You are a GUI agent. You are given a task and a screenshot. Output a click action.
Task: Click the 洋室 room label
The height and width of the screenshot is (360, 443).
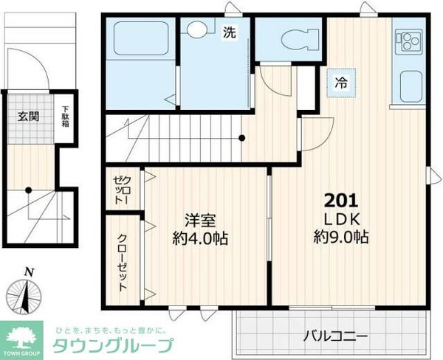click(x=199, y=219)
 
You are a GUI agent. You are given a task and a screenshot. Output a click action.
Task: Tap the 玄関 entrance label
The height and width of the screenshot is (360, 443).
click(x=28, y=116)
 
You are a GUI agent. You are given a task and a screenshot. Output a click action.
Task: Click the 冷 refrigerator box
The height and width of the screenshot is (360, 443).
click(x=341, y=81)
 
